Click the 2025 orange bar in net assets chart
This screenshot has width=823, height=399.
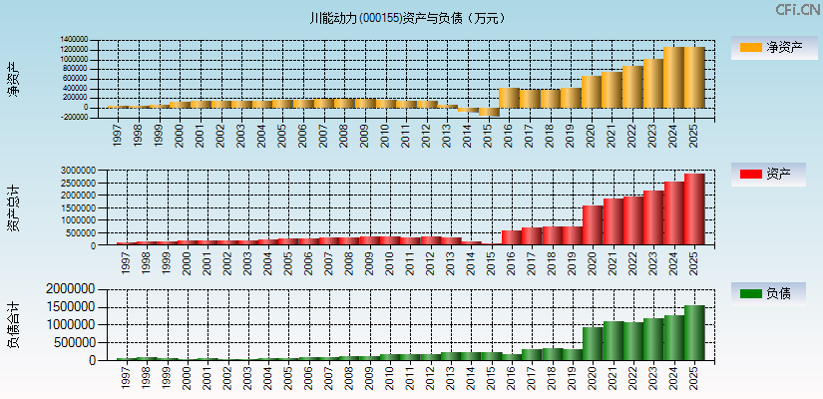694,77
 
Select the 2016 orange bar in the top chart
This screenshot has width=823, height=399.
509,98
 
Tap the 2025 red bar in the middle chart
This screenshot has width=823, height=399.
694,209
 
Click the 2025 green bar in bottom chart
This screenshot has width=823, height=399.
694,333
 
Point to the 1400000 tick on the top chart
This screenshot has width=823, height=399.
73,40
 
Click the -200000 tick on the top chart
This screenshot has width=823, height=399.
73,117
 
